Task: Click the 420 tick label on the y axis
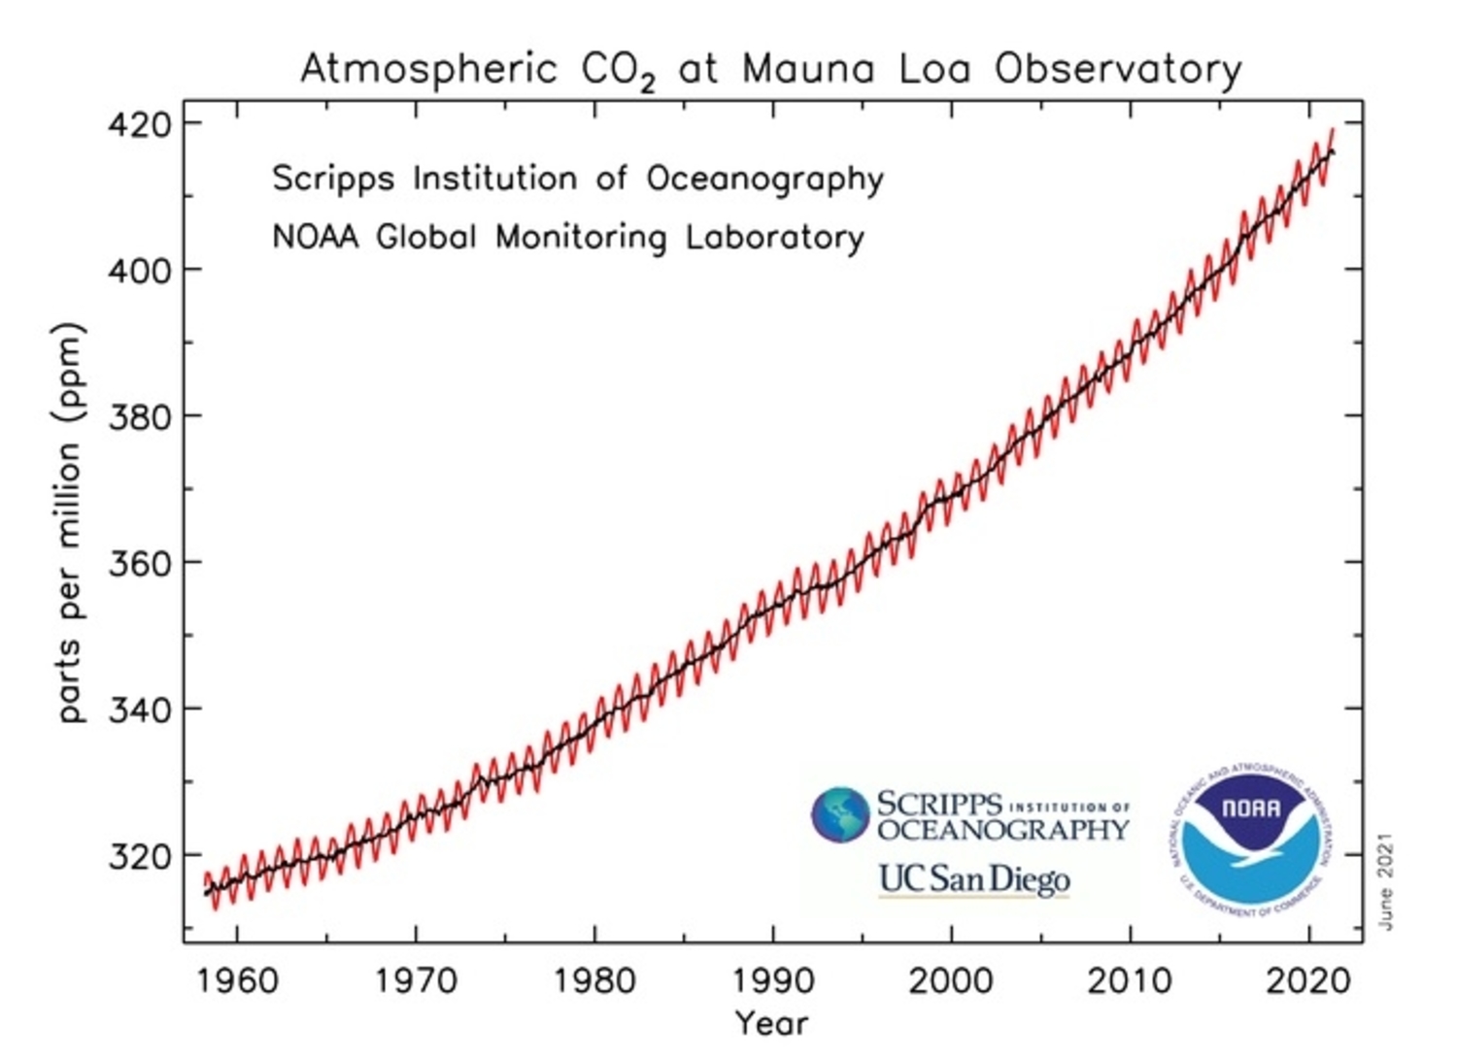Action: point(138,125)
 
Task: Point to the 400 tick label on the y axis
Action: point(138,270)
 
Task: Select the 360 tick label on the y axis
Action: point(138,563)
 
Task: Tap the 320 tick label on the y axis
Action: point(138,856)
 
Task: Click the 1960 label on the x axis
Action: point(237,981)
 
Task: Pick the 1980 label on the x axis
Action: point(594,981)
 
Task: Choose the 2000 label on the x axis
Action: point(951,981)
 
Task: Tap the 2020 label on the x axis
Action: point(1308,981)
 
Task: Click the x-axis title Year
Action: point(771,1022)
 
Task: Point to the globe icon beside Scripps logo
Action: point(840,813)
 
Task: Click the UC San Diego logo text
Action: point(973,879)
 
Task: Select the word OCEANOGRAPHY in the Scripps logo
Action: point(1002,831)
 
